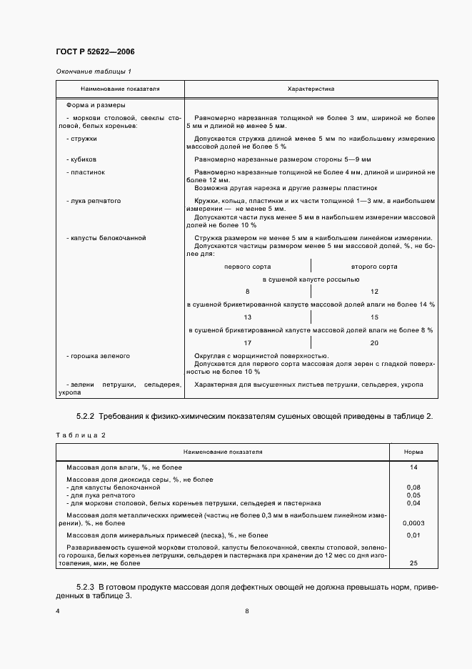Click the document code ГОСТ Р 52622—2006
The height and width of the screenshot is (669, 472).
tap(95, 52)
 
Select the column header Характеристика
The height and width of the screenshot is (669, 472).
tap(311, 89)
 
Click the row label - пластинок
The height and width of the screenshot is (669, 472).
tap(85, 172)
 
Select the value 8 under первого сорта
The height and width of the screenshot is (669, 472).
tap(247, 292)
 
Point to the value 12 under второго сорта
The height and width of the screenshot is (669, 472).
tap(375, 292)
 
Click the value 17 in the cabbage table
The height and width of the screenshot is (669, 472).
tap(247, 342)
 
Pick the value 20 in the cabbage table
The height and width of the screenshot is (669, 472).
tap(375, 342)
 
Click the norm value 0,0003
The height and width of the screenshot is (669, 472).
tap(414, 523)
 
